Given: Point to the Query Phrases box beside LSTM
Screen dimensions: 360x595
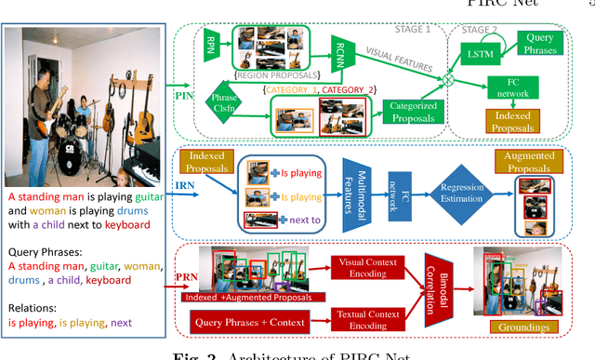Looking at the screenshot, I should [x=542, y=42].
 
